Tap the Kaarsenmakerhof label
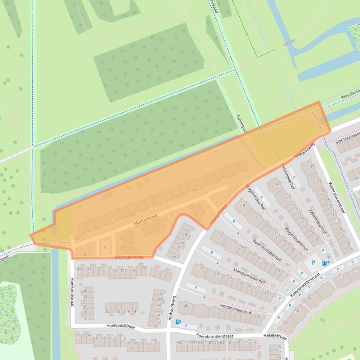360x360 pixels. pos(267,251)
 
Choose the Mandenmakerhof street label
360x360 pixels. pos(250,276)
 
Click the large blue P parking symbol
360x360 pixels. pos(313,263)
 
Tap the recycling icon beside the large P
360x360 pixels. pos(324,263)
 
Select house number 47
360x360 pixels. pos(312,166)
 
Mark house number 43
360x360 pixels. pos(245,204)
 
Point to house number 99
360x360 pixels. pos(178,343)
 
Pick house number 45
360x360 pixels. pos(309,298)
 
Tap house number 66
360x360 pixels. pos(356,178)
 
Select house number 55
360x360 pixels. pos(156,325)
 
